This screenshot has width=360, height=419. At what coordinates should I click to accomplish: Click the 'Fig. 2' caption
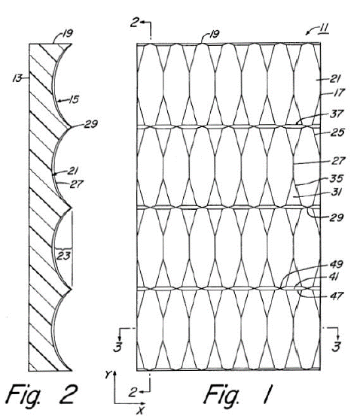pos(41,395)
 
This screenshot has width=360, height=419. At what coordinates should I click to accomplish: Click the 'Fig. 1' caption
pos(239,395)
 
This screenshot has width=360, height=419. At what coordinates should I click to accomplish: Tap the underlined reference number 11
pos(323,29)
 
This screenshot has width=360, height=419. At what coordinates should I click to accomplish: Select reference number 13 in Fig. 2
pos(17,78)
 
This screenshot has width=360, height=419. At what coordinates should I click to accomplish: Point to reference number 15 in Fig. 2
pos(74,99)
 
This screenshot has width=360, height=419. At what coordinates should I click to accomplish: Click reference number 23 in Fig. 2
pos(63,256)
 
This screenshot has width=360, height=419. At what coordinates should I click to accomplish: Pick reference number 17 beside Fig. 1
pos(339,93)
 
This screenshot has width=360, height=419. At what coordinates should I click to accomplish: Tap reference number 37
pos(336,114)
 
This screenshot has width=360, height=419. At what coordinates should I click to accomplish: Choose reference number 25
pos(337,132)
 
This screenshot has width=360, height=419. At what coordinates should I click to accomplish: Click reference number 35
pos(336,178)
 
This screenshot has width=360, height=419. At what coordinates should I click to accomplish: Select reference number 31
pos(336,192)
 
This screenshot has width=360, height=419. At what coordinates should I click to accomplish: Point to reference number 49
pos(336,264)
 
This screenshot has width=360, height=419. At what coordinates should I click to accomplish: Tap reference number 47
pos(336,296)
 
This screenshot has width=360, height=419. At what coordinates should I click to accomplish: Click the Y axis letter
pos(108,375)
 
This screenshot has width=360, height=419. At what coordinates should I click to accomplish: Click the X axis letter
pos(140,410)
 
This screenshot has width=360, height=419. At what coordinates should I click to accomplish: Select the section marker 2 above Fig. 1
pos(135,23)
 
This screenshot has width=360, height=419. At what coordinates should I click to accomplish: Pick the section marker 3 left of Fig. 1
pos(118,347)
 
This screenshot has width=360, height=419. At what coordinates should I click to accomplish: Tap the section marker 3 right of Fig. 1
pos(336,347)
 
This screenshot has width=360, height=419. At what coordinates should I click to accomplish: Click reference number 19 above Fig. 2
pos(67,34)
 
